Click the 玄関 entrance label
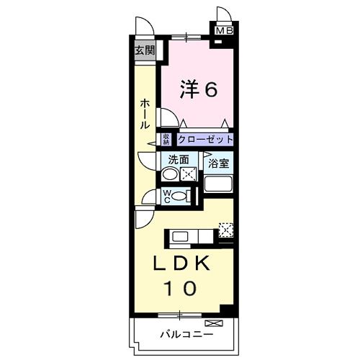tap(145, 50)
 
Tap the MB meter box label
tap(225, 31)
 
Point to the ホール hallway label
tap(145, 114)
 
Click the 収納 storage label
tap(166, 140)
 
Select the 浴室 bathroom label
tap(219, 163)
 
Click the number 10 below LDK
tap(182, 289)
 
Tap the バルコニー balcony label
tap(186, 334)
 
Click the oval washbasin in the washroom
tap(170, 174)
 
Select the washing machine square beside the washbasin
tap(189, 174)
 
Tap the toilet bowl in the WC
tap(181, 195)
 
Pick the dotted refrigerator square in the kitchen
tap(225, 230)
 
